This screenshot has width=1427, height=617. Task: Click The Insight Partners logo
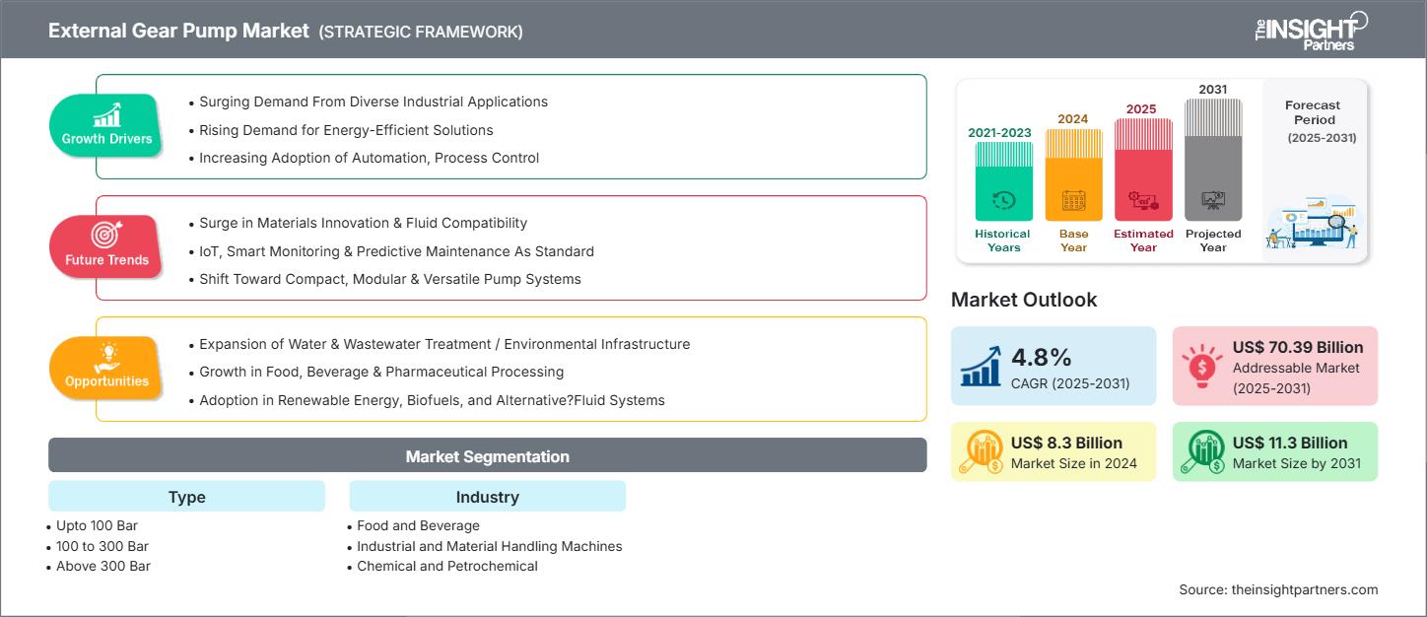click(1310, 31)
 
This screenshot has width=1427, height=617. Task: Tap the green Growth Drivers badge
click(106, 125)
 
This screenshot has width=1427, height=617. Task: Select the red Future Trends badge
click(106, 246)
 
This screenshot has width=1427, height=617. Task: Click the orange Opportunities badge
click(106, 368)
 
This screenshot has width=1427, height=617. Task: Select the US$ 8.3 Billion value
click(1065, 443)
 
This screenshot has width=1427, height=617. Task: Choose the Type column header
click(186, 497)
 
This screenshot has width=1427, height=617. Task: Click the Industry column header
click(487, 497)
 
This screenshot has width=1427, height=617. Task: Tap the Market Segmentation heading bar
click(487, 456)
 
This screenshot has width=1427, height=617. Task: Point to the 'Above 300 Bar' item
click(103, 566)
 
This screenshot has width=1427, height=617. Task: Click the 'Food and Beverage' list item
click(418, 526)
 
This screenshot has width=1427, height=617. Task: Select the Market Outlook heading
click(1023, 300)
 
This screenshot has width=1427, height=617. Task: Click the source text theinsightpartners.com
click(1277, 589)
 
